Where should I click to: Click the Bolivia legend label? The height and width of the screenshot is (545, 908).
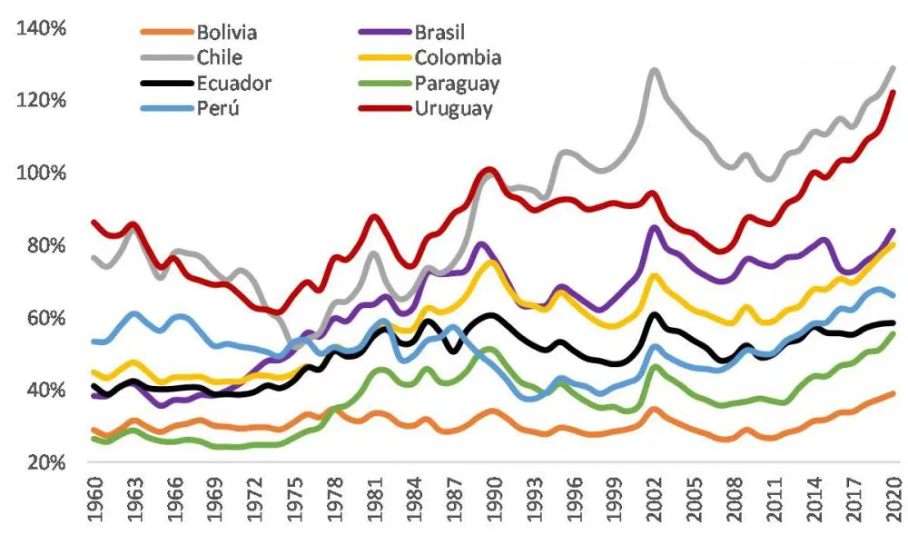(x=227, y=33)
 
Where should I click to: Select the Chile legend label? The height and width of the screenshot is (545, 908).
(x=220, y=58)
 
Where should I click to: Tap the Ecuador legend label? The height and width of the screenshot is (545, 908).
(x=234, y=84)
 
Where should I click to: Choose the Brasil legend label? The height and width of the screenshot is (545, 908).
(x=439, y=33)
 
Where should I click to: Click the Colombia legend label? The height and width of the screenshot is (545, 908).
(x=458, y=58)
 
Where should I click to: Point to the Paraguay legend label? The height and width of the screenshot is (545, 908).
(x=458, y=84)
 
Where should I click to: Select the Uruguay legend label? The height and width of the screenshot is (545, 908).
(x=454, y=110)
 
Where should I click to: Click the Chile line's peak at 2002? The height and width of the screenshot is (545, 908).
(x=654, y=70)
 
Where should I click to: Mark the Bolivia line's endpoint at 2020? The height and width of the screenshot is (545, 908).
(x=894, y=392)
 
